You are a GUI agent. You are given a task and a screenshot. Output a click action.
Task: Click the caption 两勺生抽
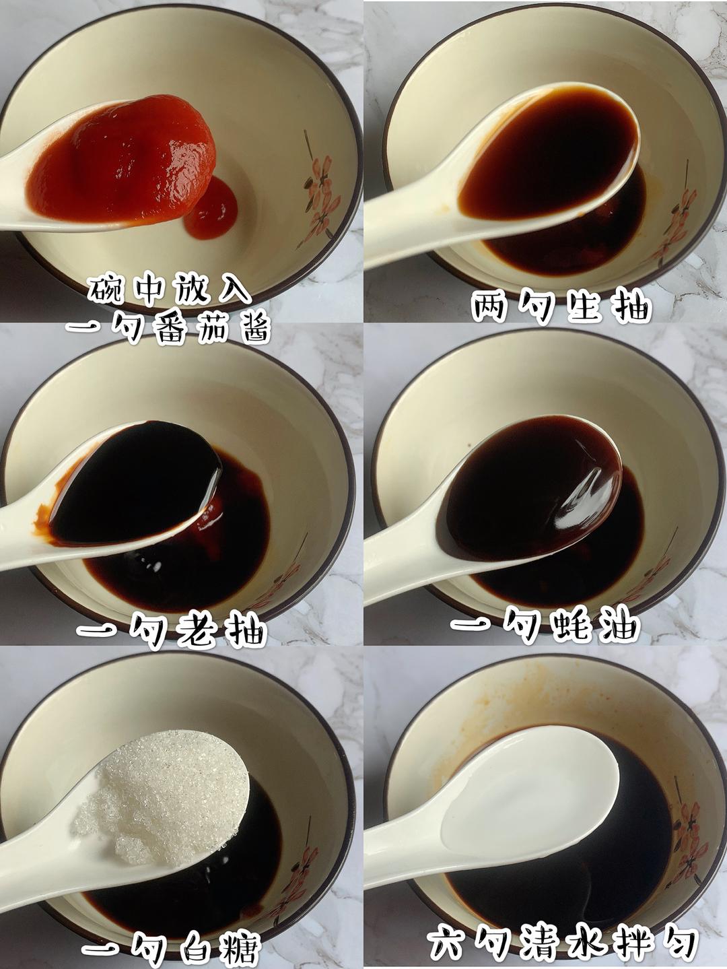[561, 308]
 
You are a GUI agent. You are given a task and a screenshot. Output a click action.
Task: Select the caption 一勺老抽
[172, 632]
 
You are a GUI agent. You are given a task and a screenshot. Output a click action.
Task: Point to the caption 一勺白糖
[172, 949]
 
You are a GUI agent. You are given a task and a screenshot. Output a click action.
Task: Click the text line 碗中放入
[170, 290]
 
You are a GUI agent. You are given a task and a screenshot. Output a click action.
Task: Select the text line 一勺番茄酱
[168, 330]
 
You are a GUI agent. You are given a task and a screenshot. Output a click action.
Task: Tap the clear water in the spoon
[532, 795]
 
